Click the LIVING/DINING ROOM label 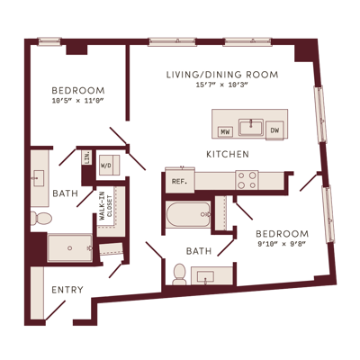tap(222, 75)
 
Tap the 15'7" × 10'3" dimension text tap(221, 85)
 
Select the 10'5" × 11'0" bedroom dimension tap(77, 101)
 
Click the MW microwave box tap(225, 131)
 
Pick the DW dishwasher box tap(274, 130)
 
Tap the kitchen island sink tap(251, 127)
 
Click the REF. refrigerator tap(180, 181)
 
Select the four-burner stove tap(247, 180)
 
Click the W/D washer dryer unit tap(109, 165)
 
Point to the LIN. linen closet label tap(87, 157)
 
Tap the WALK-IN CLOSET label tap(105, 206)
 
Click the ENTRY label tap(67, 290)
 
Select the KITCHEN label tap(228, 154)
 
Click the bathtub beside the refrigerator tap(188, 214)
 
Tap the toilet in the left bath tap(41, 218)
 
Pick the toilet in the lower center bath tap(180, 274)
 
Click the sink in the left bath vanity tap(38, 178)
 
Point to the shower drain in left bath tap(70, 248)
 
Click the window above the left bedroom tap(49, 41)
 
